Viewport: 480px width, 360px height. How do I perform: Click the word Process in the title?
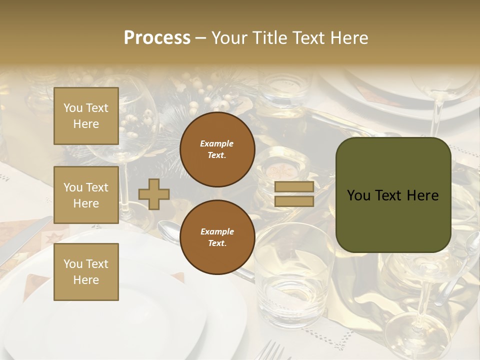pyautogui.click(x=157, y=38)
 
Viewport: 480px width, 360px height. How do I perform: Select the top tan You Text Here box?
pyautogui.click(x=86, y=116)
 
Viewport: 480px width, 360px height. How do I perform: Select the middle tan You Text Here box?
pyautogui.click(x=86, y=195)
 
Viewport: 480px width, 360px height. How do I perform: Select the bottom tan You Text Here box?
pyautogui.click(x=86, y=271)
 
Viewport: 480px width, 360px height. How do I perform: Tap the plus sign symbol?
pyautogui.click(x=154, y=194)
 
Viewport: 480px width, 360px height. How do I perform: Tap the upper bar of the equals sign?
pyautogui.click(x=294, y=186)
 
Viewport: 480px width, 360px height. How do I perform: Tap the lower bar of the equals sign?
pyautogui.click(x=294, y=201)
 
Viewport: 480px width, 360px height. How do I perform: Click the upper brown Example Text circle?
pyautogui.click(x=217, y=149)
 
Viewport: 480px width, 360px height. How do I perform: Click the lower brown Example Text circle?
pyautogui.click(x=217, y=237)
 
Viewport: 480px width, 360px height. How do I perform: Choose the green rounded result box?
pyautogui.click(x=393, y=195)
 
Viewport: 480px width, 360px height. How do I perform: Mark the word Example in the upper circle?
pyautogui.click(x=217, y=143)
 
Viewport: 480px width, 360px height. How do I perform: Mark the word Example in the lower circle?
pyautogui.click(x=217, y=231)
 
